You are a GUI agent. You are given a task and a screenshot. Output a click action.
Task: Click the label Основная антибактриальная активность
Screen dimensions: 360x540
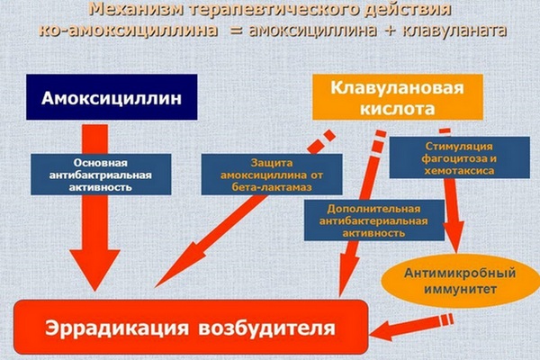[93, 174]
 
